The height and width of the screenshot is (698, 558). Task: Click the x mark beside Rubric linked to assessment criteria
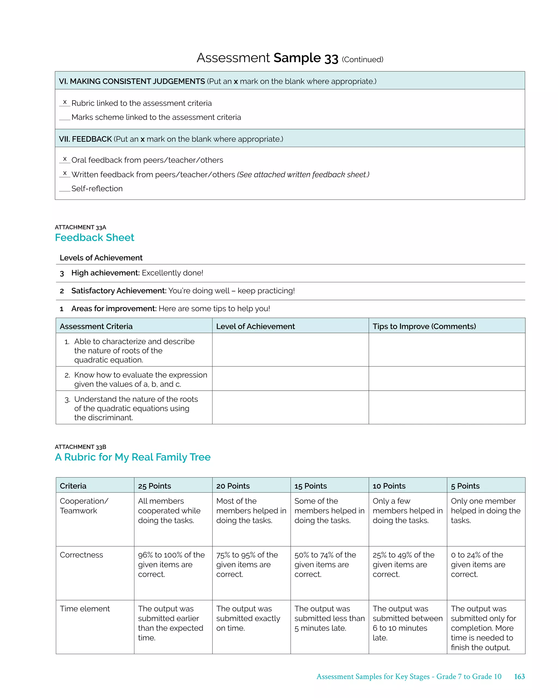point(65,102)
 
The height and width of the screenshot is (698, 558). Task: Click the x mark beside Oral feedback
point(65,159)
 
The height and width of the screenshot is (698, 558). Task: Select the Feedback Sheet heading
point(94,238)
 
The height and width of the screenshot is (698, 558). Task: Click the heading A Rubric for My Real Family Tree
point(132,457)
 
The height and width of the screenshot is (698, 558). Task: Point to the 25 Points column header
point(154,486)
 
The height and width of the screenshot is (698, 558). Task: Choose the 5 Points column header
point(465,486)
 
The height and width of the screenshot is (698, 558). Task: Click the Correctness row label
point(81,555)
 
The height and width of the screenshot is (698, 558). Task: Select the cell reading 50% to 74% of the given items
point(325,564)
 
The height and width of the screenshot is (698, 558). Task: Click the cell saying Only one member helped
point(485,511)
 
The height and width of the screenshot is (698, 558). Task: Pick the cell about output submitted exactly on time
point(248,618)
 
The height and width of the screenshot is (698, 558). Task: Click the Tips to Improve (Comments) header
point(424,326)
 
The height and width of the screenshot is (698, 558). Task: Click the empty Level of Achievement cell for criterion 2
point(290,379)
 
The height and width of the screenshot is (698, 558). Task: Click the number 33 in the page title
point(331,59)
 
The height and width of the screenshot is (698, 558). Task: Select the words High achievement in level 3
point(105,273)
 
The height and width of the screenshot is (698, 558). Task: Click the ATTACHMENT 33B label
point(80,447)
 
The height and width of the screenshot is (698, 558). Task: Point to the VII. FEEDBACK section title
point(85,139)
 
